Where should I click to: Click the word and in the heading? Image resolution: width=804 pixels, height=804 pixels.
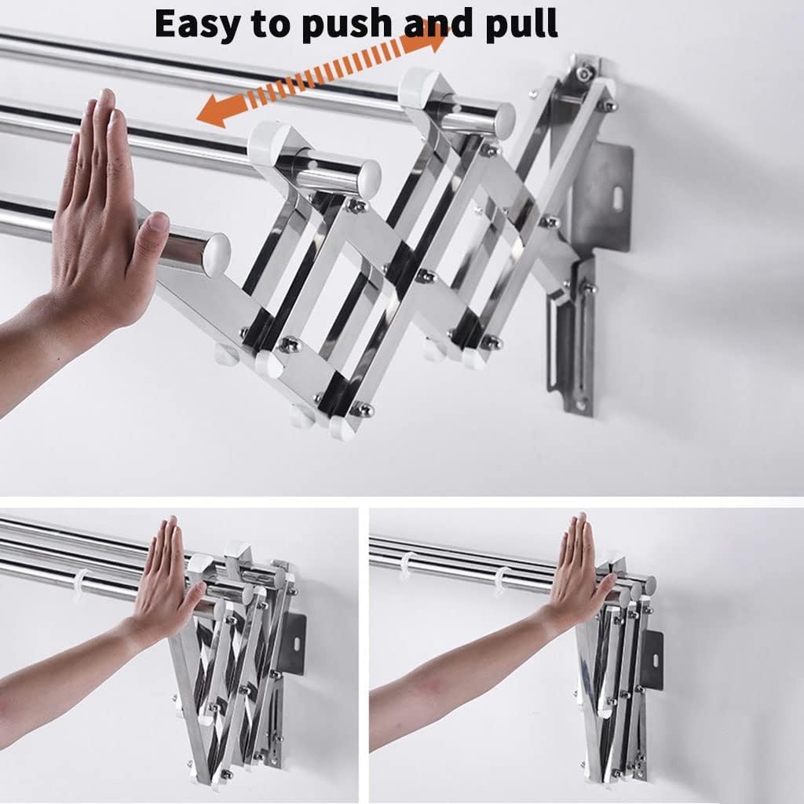pos(438,23)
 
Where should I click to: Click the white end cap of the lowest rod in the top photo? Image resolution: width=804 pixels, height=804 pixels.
pos(217,251)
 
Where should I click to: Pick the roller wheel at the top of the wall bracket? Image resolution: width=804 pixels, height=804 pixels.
pos(583,75)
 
